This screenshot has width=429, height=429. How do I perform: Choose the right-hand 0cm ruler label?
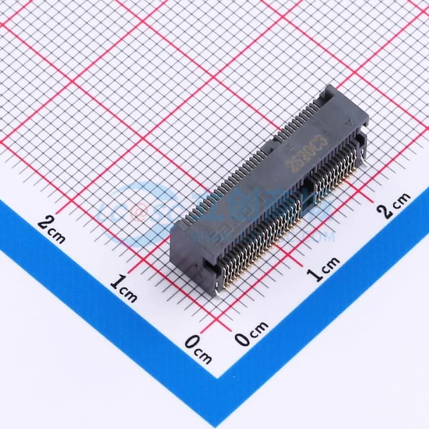[x=252, y=333]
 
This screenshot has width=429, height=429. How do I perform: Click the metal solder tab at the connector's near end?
[x=218, y=290]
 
